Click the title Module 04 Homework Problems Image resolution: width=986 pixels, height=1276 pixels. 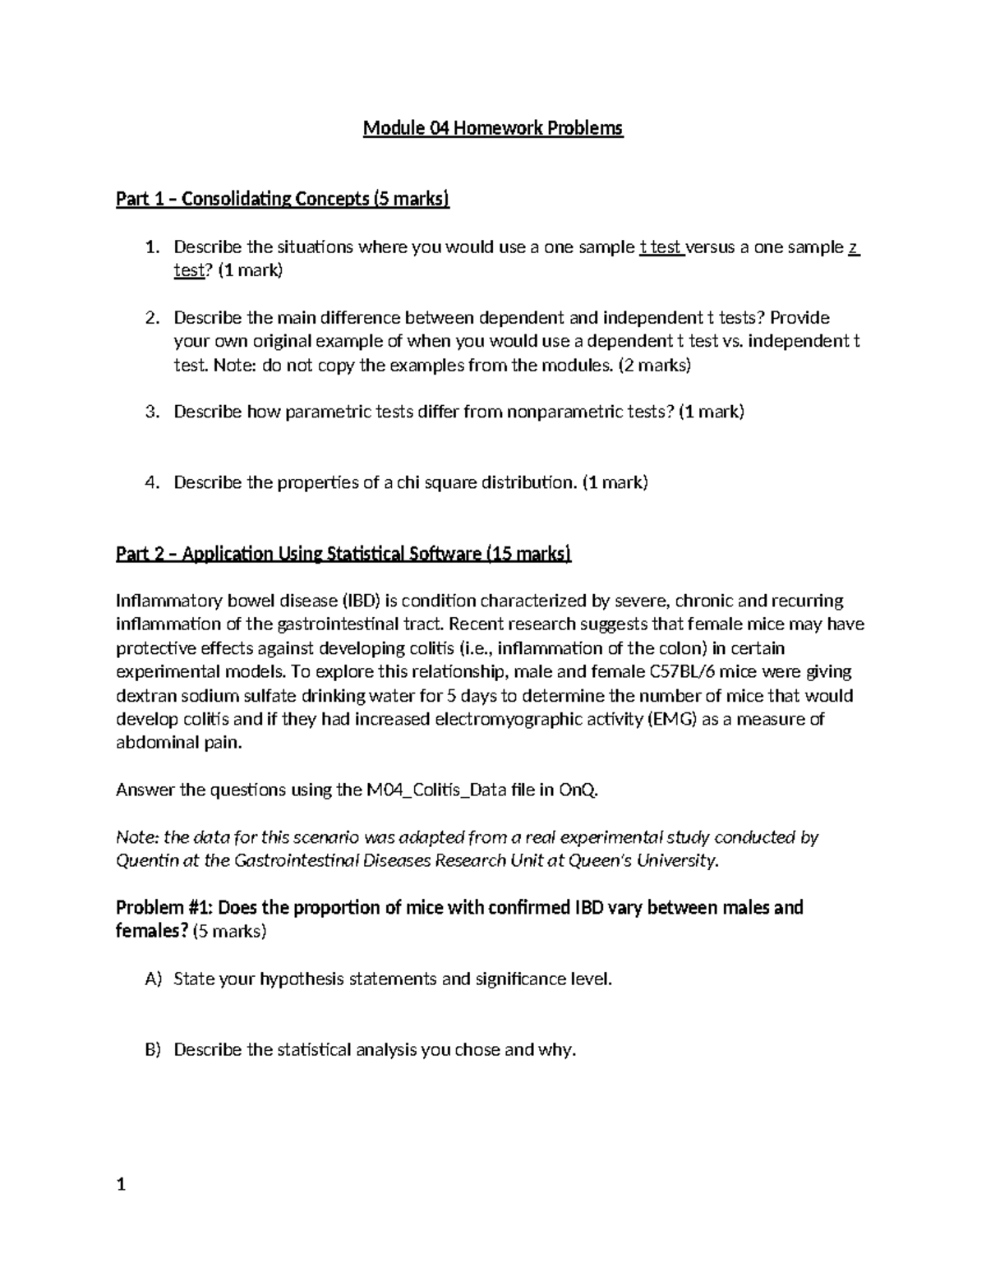pos(493,128)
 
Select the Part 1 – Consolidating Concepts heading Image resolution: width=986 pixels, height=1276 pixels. pos(283,199)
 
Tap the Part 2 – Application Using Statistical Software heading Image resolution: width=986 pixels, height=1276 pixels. pos(343,554)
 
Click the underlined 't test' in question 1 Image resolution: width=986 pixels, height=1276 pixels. pos(661,247)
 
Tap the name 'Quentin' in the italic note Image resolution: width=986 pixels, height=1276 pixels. pos(144,861)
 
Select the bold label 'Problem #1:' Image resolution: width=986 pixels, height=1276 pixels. pos(165,908)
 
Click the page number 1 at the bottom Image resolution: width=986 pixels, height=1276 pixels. pos(121,1185)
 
